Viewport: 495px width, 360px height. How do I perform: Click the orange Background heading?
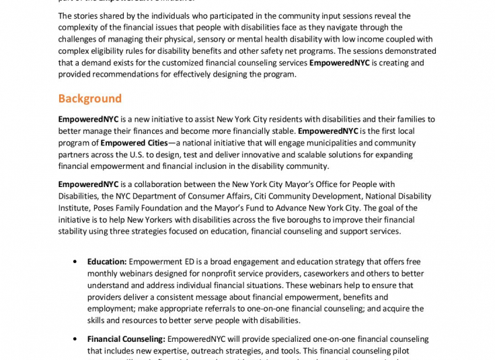(x=89, y=99)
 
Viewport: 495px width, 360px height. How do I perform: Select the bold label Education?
(x=107, y=262)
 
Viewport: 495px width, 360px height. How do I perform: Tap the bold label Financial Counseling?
(x=126, y=339)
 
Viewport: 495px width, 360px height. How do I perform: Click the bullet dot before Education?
(x=75, y=262)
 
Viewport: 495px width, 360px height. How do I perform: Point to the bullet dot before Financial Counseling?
(x=75, y=339)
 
